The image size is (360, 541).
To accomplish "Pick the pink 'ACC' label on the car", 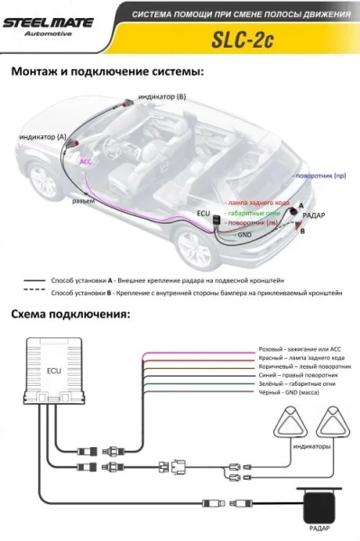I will [86, 162].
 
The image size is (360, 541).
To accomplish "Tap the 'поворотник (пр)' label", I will [319, 176].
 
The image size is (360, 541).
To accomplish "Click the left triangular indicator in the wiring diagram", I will [291, 422].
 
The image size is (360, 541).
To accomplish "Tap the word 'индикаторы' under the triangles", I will [310, 446].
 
